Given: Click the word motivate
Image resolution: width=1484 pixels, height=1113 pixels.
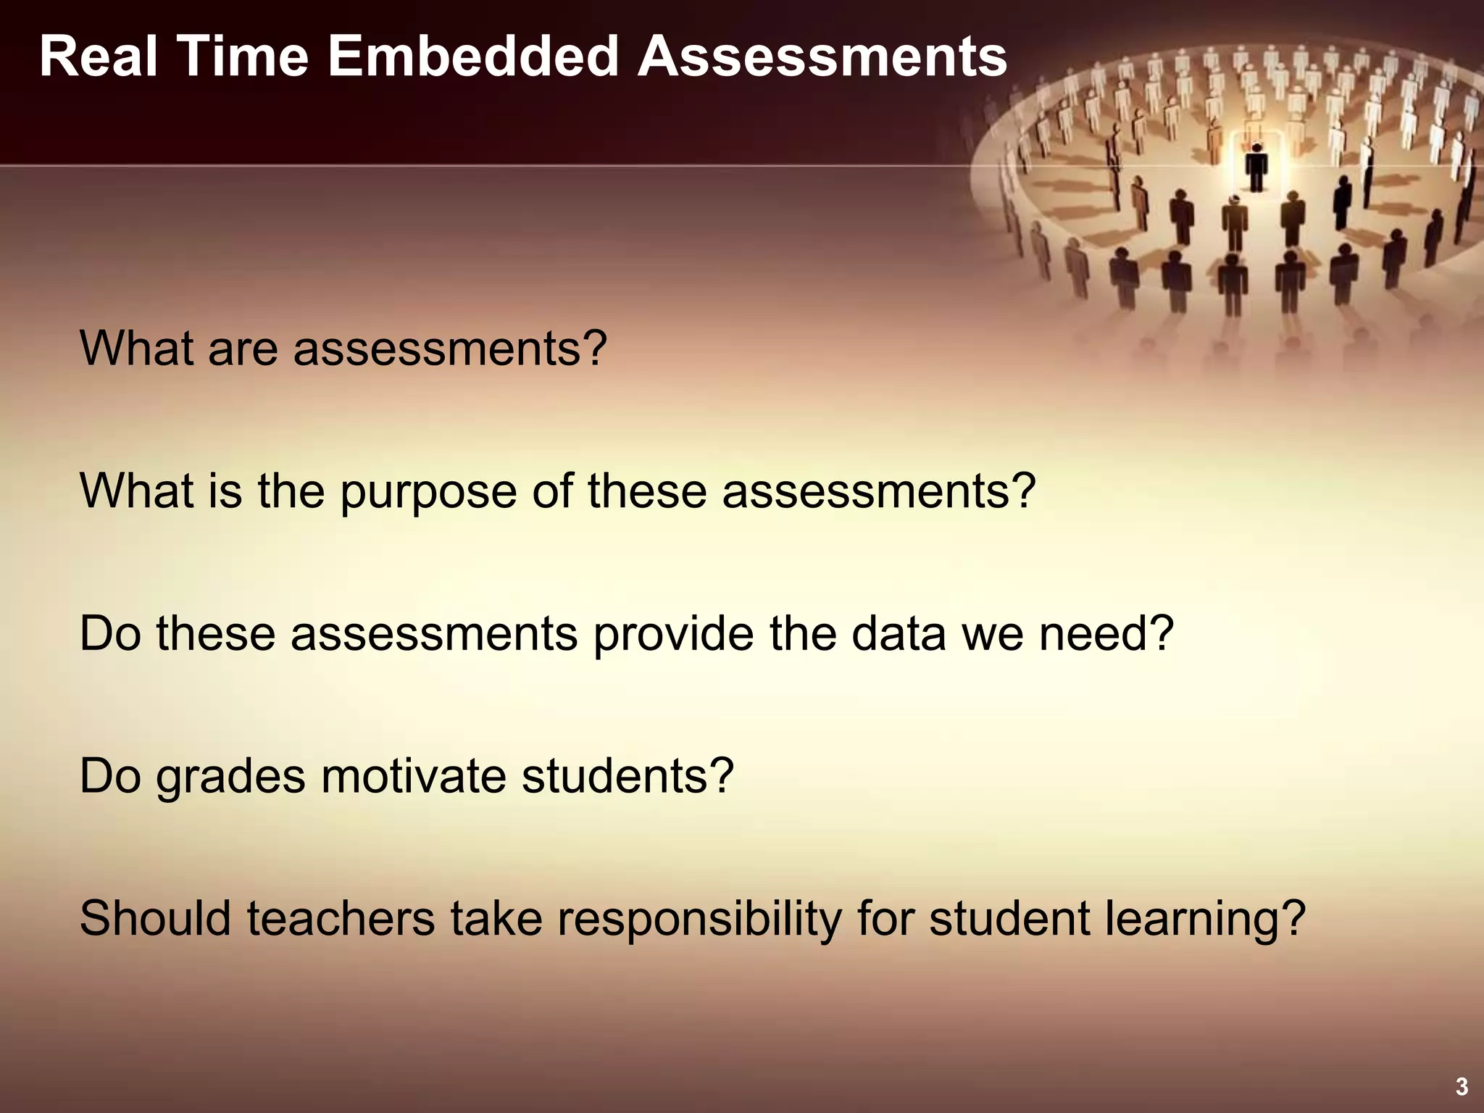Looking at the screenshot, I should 414,776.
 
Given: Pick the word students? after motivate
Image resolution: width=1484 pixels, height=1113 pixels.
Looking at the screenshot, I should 628,776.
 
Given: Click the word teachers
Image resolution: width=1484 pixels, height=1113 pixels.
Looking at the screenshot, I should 341,919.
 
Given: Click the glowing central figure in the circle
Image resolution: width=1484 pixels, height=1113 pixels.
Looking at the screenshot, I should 1256,167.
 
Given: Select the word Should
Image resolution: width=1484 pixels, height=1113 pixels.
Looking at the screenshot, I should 155,919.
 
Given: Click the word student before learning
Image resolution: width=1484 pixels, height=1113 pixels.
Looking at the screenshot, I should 1009,919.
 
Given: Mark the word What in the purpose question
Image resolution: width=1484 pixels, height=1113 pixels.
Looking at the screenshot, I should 136,491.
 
